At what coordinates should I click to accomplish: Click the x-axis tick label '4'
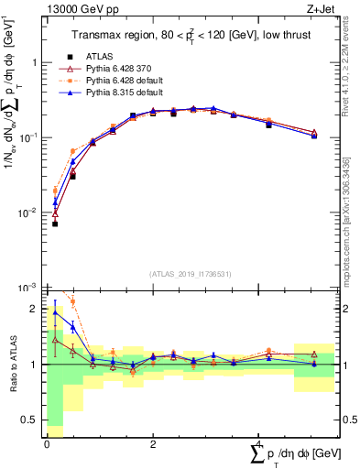(257, 444)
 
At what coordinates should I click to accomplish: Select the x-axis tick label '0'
(47, 444)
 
